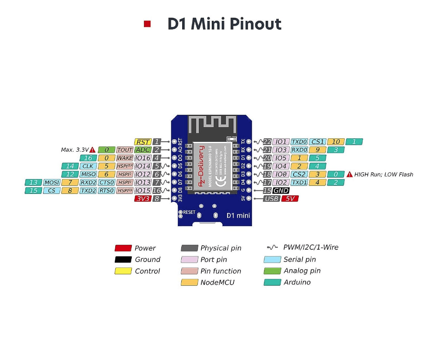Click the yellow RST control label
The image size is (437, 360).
click(x=143, y=142)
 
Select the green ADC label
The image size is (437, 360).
click(x=143, y=150)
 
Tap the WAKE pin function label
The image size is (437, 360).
click(x=124, y=158)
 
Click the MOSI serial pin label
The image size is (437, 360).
click(x=52, y=183)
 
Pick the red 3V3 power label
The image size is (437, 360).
click(x=143, y=199)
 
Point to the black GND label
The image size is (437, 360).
click(x=281, y=191)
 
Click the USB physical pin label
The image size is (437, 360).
click(x=271, y=199)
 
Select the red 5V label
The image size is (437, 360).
click(x=290, y=199)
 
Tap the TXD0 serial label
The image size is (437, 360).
click(x=299, y=142)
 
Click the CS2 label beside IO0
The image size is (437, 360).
click(x=299, y=174)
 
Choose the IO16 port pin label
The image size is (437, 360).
click(x=143, y=158)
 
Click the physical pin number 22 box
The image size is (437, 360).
click(x=267, y=142)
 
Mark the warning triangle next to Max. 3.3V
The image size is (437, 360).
click(x=92, y=150)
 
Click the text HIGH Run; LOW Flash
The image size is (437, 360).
click(x=384, y=174)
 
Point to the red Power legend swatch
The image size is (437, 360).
click(x=123, y=248)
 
